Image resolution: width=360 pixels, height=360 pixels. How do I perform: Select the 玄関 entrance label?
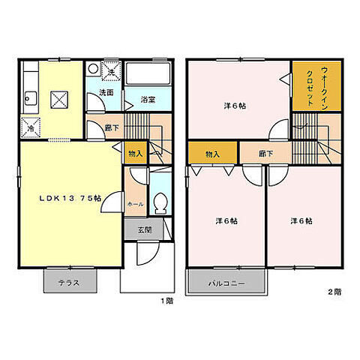point(144,230)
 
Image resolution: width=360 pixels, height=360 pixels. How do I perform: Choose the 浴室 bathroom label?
point(148,98)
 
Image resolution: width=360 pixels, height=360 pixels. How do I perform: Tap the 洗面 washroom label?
point(107,93)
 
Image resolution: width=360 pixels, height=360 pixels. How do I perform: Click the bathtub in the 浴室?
point(150,75)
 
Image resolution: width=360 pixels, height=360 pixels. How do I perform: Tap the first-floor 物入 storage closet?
point(135,153)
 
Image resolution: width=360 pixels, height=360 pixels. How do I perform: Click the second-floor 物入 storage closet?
point(212,154)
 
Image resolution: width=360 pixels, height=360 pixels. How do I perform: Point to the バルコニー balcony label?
point(226,283)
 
